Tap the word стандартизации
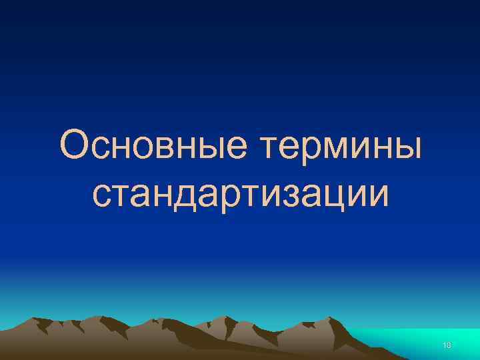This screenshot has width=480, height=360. coord(240,193)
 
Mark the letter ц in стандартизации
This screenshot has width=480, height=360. coord(331,195)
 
